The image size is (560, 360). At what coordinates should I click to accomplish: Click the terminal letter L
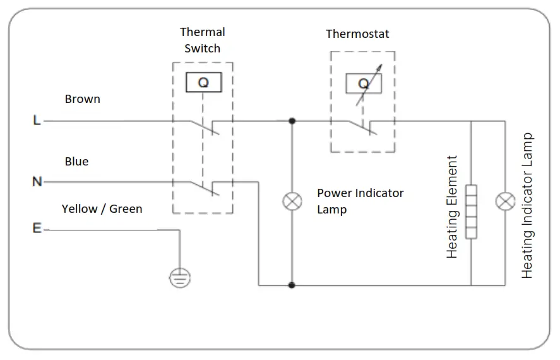click(37, 120)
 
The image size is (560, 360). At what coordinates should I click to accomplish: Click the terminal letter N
click(37, 182)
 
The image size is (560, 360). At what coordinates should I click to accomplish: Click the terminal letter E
click(37, 229)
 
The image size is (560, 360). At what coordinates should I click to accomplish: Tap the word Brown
click(82, 99)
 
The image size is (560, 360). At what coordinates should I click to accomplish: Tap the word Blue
click(76, 162)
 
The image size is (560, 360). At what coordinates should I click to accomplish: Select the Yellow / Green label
click(102, 208)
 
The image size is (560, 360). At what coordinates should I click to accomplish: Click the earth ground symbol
click(180, 276)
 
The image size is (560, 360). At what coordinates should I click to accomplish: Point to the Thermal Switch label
click(202, 40)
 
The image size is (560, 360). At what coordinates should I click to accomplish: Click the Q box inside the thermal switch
click(203, 83)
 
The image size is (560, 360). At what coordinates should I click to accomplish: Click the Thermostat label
click(357, 34)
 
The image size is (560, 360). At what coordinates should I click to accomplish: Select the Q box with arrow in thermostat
click(363, 84)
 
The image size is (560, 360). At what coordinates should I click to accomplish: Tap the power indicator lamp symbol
click(292, 202)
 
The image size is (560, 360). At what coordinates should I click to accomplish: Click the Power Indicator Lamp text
click(360, 201)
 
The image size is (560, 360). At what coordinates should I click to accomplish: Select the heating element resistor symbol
click(471, 211)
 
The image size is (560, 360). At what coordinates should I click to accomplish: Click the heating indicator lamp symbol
click(504, 202)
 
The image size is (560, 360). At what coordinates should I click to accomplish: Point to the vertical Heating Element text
click(452, 207)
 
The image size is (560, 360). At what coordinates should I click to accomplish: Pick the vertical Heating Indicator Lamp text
click(528, 205)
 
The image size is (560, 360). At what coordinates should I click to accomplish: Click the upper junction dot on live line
click(292, 120)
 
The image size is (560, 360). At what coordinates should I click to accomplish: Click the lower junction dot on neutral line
click(292, 285)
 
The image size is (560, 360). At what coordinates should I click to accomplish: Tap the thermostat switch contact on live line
click(362, 127)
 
